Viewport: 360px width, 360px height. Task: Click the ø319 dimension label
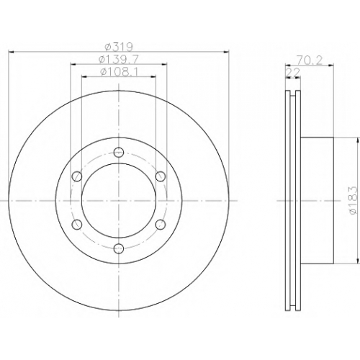click(x=119, y=47)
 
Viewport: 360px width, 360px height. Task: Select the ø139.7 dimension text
click(x=119, y=59)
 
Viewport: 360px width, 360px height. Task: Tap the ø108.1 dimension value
click(x=119, y=72)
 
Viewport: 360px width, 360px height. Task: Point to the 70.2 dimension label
click(x=309, y=60)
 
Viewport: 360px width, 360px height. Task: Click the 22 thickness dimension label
click(x=293, y=72)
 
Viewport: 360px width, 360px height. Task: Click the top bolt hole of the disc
click(x=119, y=152)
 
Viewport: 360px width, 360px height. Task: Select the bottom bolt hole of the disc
click(x=119, y=248)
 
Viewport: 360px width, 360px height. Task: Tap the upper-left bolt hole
click(x=77, y=176)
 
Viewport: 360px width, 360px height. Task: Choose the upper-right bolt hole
click(x=161, y=176)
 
